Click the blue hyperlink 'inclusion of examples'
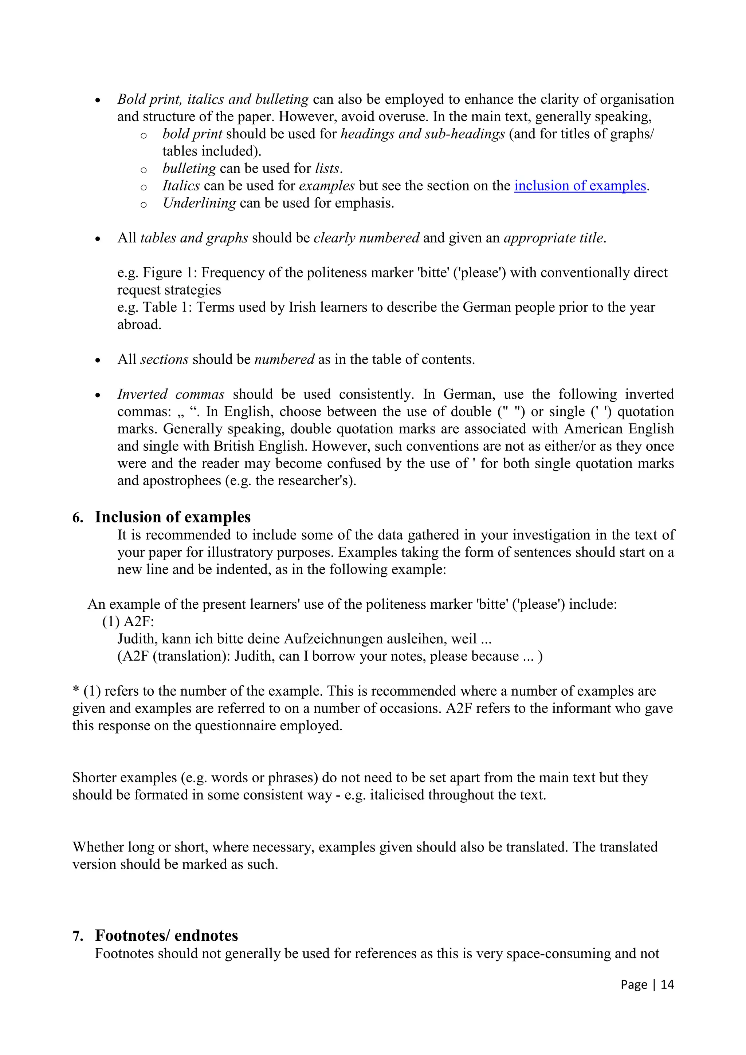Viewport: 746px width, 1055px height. pyautogui.click(x=580, y=186)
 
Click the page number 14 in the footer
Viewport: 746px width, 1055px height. pyautogui.click(x=667, y=984)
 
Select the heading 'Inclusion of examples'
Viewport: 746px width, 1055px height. pyautogui.click(x=172, y=517)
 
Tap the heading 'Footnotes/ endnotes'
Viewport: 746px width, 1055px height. pyautogui.click(x=166, y=936)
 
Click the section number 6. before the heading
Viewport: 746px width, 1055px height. pyautogui.click(x=78, y=518)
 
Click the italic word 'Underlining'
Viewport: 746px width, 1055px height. pyautogui.click(x=199, y=203)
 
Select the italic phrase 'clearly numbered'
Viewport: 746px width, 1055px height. pyautogui.click(x=366, y=238)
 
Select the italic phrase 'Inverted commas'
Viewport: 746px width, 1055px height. pyautogui.click(x=170, y=394)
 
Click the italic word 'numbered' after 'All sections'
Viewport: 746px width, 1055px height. pyautogui.click(x=284, y=359)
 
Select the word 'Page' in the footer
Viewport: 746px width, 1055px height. pyautogui.click(x=634, y=984)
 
